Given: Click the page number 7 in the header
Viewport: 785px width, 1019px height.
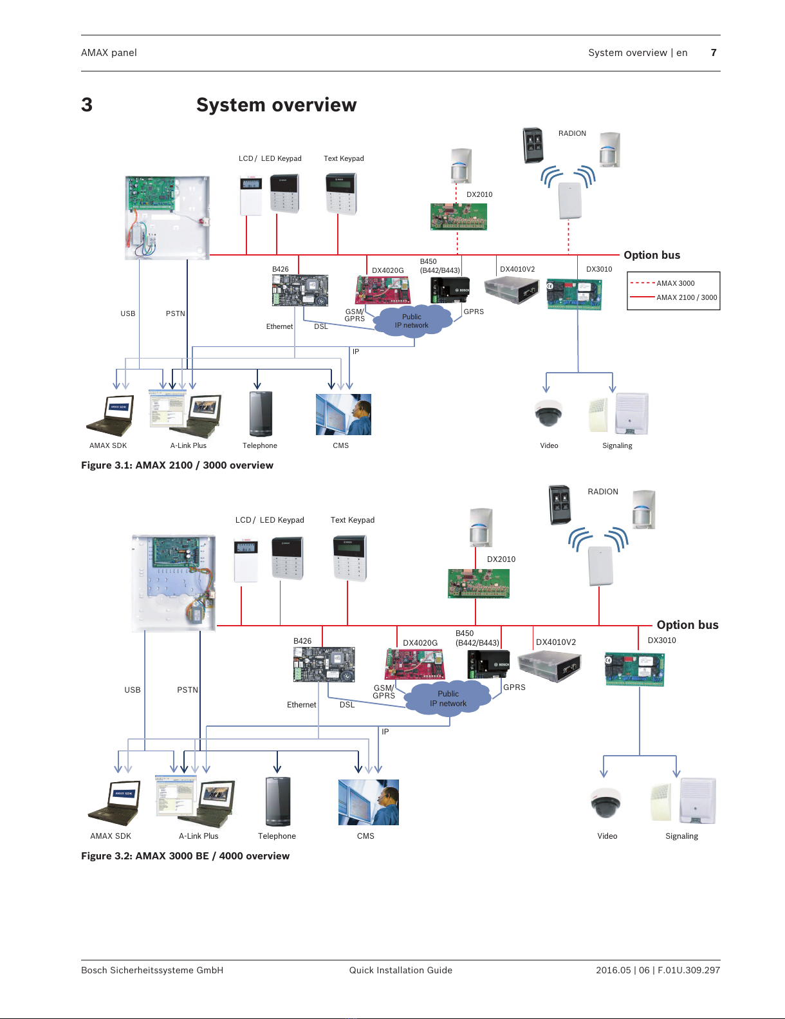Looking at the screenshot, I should [714, 53].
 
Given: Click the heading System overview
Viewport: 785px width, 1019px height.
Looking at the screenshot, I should [276, 105].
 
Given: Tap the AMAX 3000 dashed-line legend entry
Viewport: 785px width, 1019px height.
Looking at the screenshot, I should [674, 283].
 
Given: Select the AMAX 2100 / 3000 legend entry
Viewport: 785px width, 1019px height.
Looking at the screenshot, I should [686, 297].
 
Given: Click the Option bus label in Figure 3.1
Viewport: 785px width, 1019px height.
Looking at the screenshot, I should [652, 255].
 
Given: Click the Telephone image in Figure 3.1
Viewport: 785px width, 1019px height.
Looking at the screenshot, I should [261, 414].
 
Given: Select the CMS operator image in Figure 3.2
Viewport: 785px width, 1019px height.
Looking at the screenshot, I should [368, 802].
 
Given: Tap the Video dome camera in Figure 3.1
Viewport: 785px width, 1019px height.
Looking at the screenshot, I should [548, 413].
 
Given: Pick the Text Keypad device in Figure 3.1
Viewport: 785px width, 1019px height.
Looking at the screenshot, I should [341, 193].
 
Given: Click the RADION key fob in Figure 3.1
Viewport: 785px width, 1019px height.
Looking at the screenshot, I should [533, 145].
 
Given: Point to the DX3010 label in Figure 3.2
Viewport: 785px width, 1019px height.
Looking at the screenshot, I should [661, 640].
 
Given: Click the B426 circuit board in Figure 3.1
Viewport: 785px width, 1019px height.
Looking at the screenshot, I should [300, 290].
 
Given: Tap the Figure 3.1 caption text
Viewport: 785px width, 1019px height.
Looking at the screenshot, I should [177, 465].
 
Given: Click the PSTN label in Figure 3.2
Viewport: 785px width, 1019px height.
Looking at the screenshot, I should [187, 690].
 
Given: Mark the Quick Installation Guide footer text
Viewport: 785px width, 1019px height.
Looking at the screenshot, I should [400, 970].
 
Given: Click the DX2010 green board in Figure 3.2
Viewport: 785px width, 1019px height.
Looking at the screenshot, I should [478, 583].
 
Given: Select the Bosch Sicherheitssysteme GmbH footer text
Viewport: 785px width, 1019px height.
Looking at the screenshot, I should [152, 970].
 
